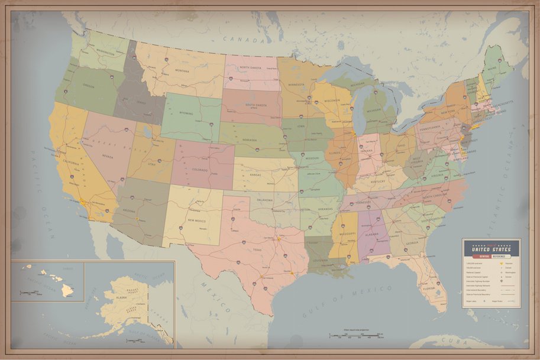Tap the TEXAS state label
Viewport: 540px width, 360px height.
[256, 250]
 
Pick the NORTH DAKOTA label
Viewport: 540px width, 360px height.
[251, 67]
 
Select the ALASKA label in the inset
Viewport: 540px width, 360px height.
[121, 299]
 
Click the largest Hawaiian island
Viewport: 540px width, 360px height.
[67, 290]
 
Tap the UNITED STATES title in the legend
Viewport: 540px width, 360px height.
[490, 248]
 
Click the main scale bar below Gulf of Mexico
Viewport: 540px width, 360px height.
[354, 338]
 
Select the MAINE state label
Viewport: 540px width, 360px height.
[490, 69]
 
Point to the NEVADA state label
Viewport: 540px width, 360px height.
[107, 157]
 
